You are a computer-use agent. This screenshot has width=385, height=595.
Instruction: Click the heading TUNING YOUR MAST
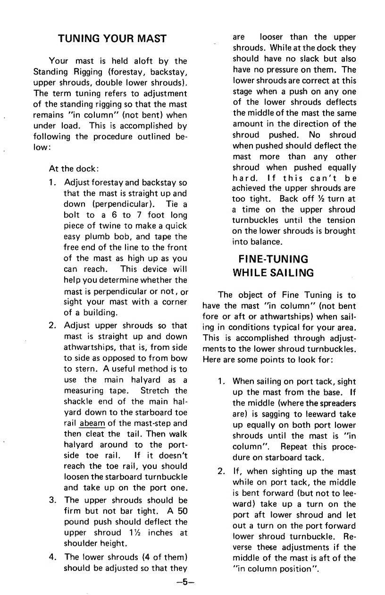[112, 39]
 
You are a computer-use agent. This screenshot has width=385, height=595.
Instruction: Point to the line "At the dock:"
[73, 169]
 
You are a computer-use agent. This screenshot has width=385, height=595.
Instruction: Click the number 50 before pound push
[181, 511]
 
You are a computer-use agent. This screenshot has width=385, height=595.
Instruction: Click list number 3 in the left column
[53, 500]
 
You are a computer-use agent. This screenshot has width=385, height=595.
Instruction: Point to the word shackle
[79, 401]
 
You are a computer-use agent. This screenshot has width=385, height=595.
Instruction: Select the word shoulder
[82, 543]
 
